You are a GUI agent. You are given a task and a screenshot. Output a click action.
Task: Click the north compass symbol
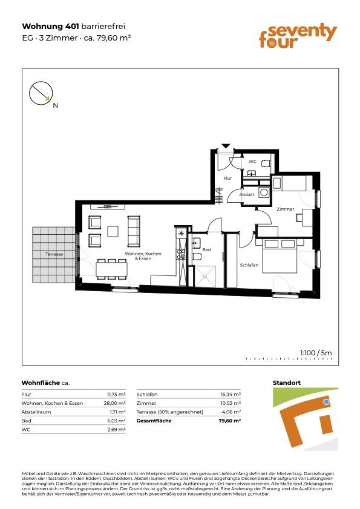click(x=41, y=93)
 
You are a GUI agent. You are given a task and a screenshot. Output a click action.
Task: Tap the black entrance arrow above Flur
click(x=226, y=146)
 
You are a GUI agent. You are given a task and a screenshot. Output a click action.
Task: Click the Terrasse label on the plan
click(x=54, y=254)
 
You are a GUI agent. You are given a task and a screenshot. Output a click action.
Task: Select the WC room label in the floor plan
click(x=252, y=162)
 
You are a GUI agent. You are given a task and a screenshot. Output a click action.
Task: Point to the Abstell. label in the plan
click(x=247, y=194)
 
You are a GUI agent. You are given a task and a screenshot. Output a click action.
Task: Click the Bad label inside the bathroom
click(x=206, y=249)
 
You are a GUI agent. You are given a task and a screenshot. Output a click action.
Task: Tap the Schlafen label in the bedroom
click(x=249, y=265)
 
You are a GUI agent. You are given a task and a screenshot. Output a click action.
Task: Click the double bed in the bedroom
click(x=280, y=256)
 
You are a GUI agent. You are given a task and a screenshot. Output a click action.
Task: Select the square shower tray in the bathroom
click(x=205, y=276)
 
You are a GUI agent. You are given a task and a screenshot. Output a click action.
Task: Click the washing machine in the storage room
click(x=264, y=192)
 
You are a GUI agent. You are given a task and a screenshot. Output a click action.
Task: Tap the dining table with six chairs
click(x=112, y=269)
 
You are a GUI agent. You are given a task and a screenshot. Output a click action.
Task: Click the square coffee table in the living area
click(x=113, y=231)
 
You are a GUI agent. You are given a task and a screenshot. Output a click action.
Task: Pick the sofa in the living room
click(x=134, y=231)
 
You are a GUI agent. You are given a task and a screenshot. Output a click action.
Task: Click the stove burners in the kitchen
click(x=181, y=254)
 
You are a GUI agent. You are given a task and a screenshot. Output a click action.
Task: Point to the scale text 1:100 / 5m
click(x=316, y=353)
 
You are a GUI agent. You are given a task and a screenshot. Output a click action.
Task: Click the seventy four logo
click(x=298, y=36)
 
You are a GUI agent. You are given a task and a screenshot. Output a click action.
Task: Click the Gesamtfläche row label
click(x=154, y=421)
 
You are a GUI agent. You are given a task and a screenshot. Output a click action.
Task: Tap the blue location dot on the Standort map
click(x=327, y=402)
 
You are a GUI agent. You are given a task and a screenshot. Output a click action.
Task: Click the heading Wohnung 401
click(x=50, y=26)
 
